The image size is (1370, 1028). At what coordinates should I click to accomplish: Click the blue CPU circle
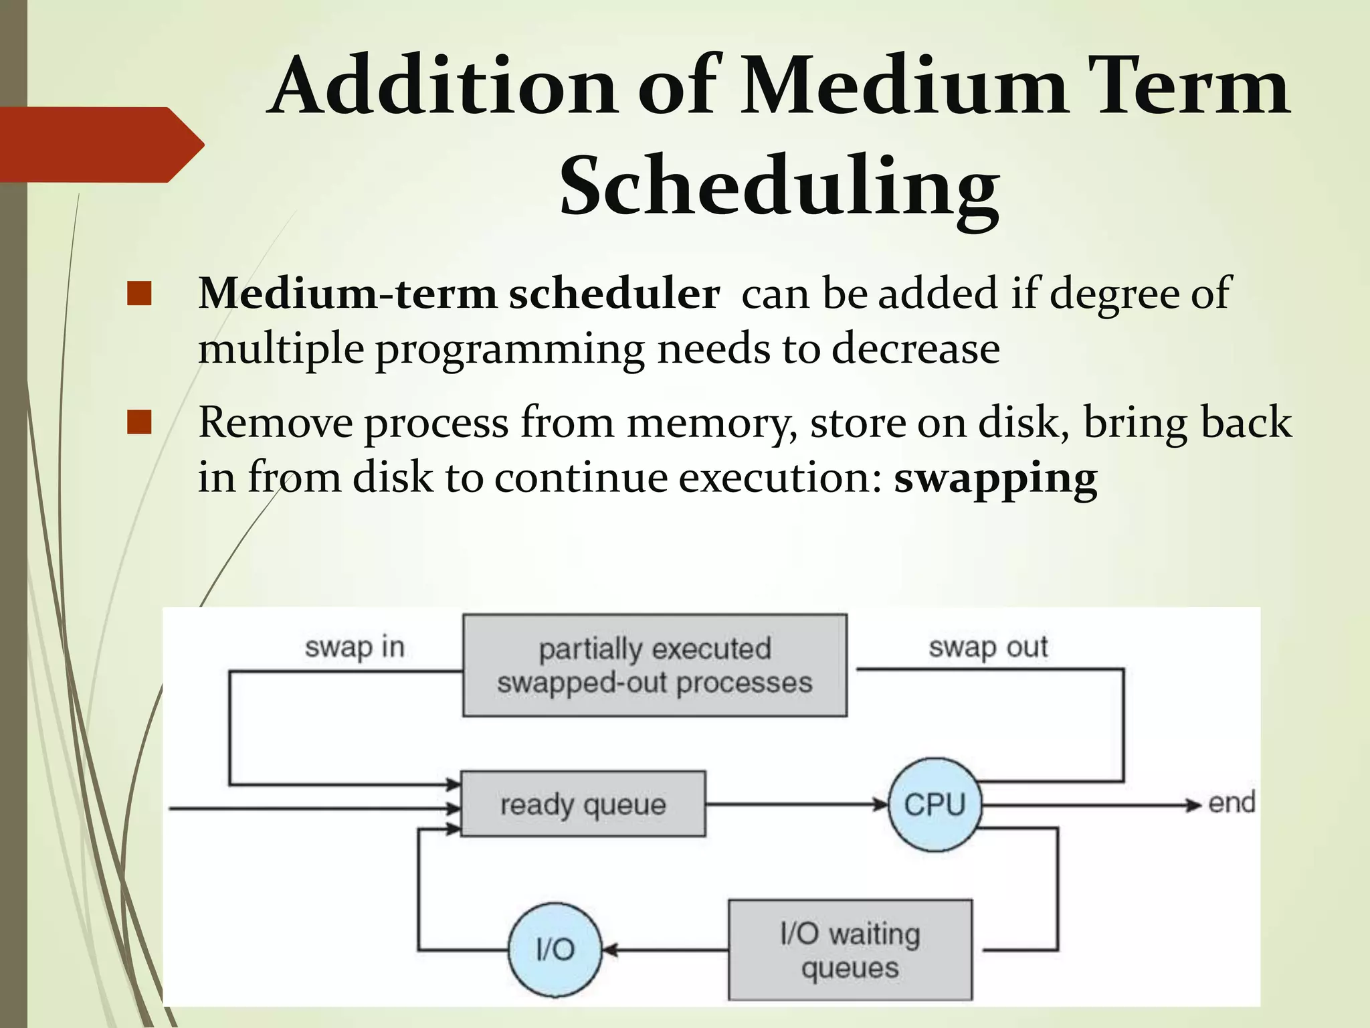coord(935,804)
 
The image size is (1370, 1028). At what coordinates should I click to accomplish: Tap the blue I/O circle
coord(555,949)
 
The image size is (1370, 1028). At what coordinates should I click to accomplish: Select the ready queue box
coord(583,804)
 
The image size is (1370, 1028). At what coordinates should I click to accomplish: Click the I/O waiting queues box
coord(850,950)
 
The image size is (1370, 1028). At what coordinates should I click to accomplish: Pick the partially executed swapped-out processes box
coord(654,665)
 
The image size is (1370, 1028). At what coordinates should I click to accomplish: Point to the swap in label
coord(355,647)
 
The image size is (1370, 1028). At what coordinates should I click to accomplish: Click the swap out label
coord(988,647)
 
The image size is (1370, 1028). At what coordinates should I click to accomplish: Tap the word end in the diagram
coord(1231,802)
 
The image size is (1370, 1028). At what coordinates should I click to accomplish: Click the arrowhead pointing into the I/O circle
coord(609,949)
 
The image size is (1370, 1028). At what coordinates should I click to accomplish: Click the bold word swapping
coord(995,478)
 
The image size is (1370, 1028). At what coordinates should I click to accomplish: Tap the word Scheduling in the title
coord(779,186)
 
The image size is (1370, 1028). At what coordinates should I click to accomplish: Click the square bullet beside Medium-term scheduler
coord(139,293)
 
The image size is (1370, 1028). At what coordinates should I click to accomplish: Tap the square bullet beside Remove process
coord(139,422)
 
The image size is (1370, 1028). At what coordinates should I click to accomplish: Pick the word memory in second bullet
coord(712,423)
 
